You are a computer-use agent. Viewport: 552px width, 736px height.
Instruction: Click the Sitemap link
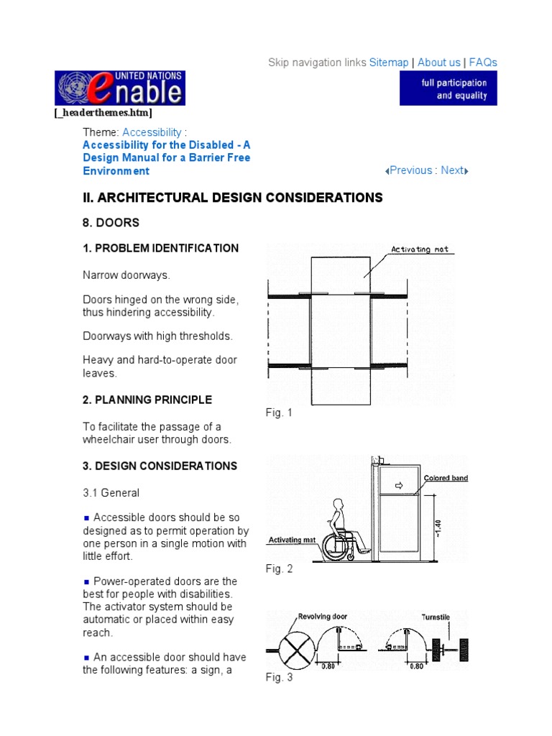[389, 63]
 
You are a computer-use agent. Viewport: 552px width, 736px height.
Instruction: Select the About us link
[438, 63]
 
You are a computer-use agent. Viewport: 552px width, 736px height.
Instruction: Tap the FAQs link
[483, 63]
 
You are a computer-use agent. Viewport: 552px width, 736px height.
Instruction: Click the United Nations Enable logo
[119, 88]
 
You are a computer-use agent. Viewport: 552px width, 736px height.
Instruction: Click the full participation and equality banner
[448, 88]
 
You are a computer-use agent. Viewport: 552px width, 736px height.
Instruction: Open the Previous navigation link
[409, 170]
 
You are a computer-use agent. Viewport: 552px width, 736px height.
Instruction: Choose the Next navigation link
[454, 170]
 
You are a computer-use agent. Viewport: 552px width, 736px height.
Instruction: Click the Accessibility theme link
[152, 132]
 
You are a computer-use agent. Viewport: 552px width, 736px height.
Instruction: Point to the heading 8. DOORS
[111, 224]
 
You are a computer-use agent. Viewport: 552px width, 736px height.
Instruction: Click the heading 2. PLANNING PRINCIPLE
[147, 400]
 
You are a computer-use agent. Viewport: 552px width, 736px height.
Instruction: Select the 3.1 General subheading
[111, 493]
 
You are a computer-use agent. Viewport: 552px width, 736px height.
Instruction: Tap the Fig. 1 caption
[279, 413]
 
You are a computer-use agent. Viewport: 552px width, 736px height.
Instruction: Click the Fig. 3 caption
[279, 677]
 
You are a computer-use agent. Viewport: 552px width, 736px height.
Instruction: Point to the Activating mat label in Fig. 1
[420, 249]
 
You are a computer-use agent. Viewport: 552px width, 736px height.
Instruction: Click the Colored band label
[446, 478]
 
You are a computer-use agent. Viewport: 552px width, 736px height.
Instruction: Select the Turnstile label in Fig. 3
[436, 616]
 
